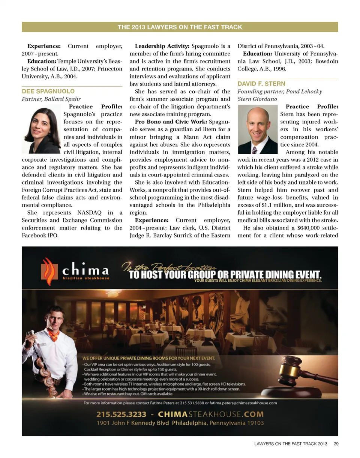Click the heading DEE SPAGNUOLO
[x=48, y=91]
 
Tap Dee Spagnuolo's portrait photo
[x=42, y=130]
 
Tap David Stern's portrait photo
[x=258, y=130]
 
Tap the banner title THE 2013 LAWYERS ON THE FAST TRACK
[x=180, y=27]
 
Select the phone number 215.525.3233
[x=123, y=414]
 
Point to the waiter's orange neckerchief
[x=54, y=335]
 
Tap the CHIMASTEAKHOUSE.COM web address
[x=211, y=414]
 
